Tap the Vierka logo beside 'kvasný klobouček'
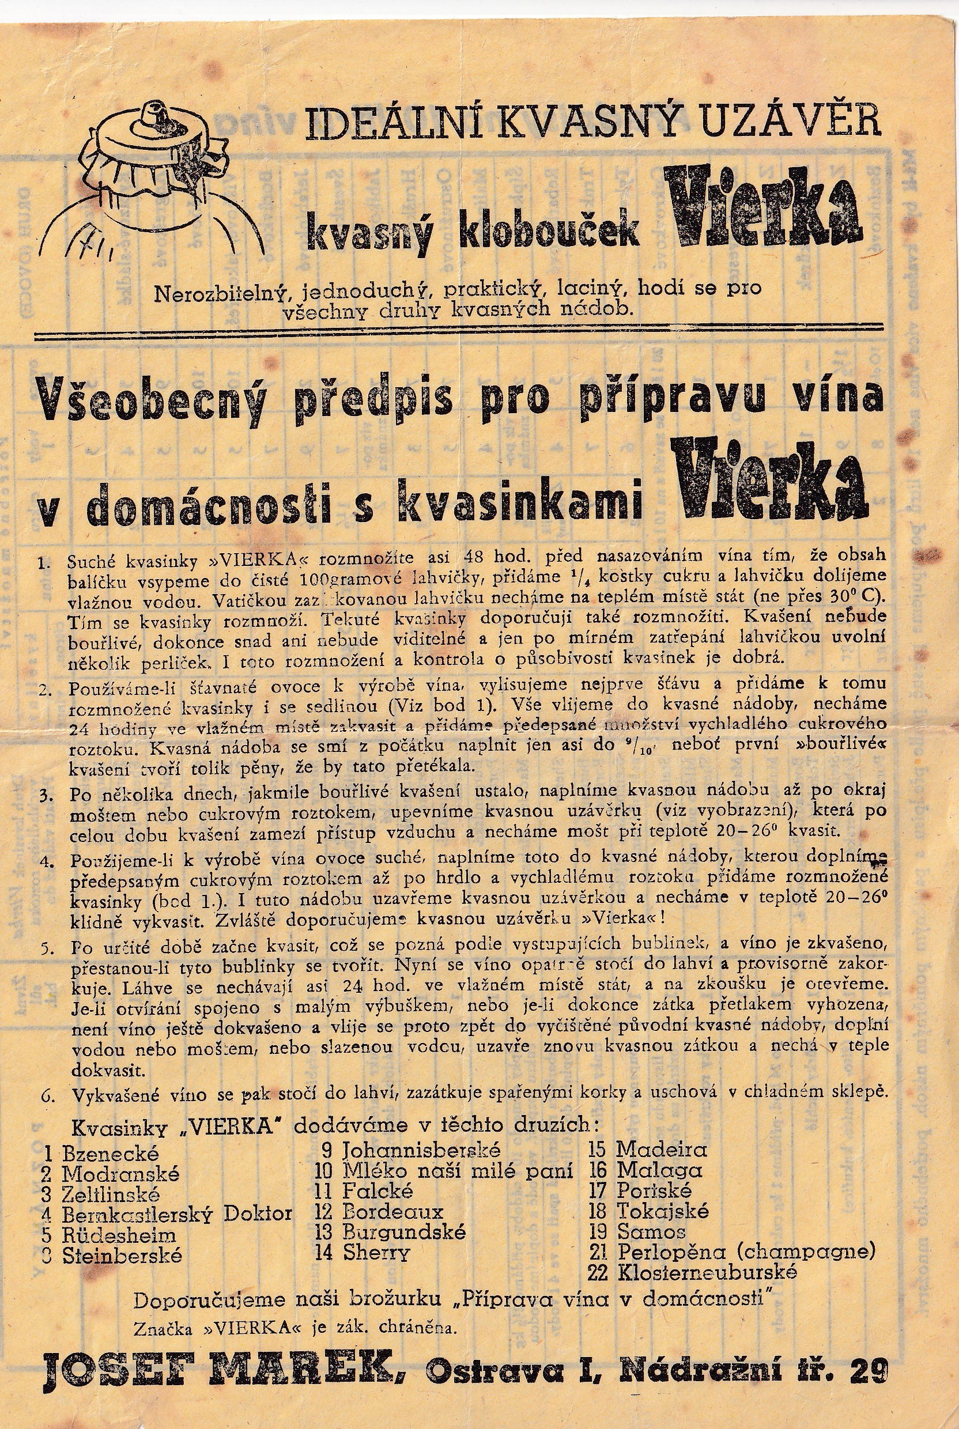pyautogui.click(x=763, y=210)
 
